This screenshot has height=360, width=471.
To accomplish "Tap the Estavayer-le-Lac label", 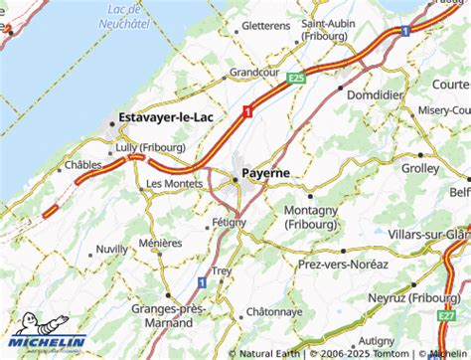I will coord(167,117).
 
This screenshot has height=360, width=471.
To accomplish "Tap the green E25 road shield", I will coord(295,78).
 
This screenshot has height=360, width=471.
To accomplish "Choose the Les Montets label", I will coord(174,184).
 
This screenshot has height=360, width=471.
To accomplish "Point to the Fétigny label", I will coord(228,222).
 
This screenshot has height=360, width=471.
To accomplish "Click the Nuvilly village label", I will coord(112,250).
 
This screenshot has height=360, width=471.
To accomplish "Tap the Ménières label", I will coord(160,243).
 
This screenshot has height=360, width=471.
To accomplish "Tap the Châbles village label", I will coord(83,165).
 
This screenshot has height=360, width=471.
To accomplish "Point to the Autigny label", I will coord(376,341).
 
